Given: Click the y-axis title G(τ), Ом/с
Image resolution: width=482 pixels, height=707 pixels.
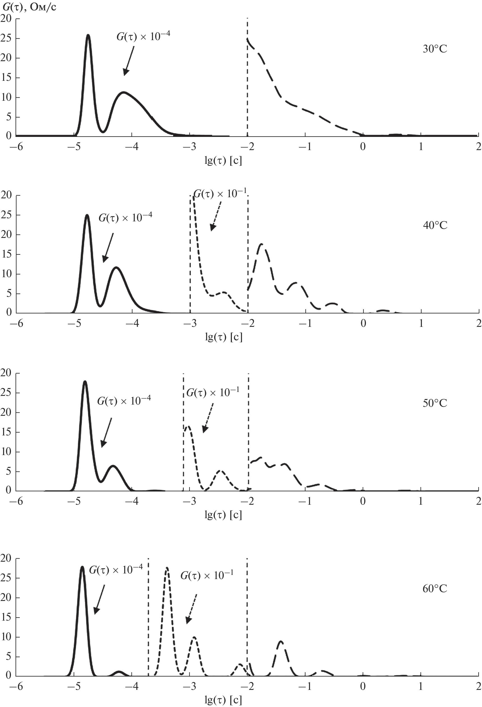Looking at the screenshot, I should (x=29, y=7).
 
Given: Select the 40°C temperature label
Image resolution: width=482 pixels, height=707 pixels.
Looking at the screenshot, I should (x=435, y=225).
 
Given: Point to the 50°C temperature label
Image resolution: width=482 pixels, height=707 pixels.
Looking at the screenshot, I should (x=435, y=403).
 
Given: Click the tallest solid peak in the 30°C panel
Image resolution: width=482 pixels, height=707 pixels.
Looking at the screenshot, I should (x=88, y=36).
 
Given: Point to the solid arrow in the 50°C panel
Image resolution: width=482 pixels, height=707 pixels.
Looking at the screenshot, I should (x=106, y=432).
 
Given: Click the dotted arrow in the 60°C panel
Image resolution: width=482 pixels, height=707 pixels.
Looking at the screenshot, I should (x=192, y=608).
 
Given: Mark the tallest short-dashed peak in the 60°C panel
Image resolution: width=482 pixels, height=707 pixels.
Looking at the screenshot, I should (x=167, y=568).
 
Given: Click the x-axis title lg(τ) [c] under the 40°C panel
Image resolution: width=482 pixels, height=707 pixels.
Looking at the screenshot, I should (x=224, y=337).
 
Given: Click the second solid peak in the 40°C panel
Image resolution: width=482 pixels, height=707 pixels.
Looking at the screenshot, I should (x=116, y=268).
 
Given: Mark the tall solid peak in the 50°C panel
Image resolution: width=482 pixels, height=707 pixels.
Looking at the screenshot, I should (x=85, y=382).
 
